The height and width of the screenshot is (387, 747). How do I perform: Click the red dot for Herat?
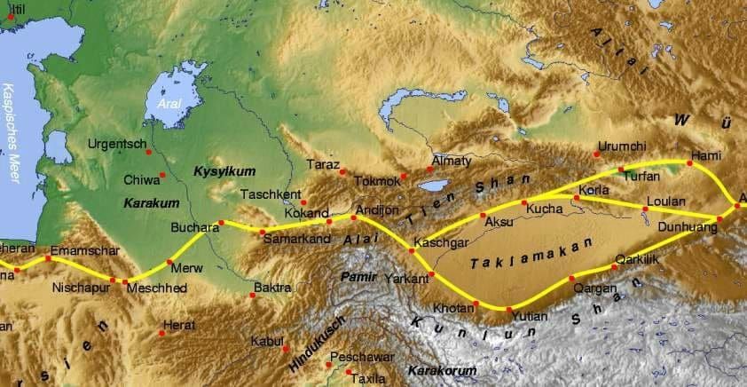click(x=162, y=334)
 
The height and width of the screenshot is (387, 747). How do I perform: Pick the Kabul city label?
click(x=266, y=340)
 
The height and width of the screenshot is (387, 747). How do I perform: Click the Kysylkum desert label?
click(x=217, y=170)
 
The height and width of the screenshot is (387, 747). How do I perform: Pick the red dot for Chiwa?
click(x=161, y=176)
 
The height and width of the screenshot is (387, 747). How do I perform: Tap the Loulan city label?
click(x=667, y=201)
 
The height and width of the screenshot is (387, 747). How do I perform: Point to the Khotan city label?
click(x=452, y=308)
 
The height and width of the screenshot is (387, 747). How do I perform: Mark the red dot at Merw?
click(x=169, y=263)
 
